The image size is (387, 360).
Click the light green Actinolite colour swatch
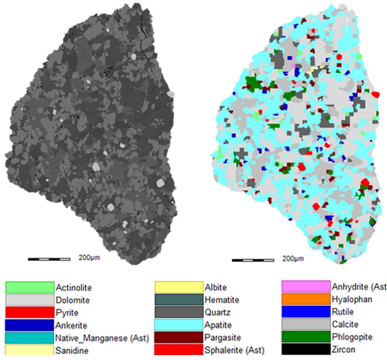29,288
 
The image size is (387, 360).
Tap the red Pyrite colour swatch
29,312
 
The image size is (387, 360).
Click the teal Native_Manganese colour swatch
29,337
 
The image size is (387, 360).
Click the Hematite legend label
222,300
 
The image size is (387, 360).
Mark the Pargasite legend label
222,337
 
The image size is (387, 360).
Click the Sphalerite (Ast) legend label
235,350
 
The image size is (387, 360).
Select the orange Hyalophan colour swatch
306,300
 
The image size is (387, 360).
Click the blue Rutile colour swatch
306,312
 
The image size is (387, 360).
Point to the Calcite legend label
345,324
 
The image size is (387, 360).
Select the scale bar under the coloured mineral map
253,260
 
